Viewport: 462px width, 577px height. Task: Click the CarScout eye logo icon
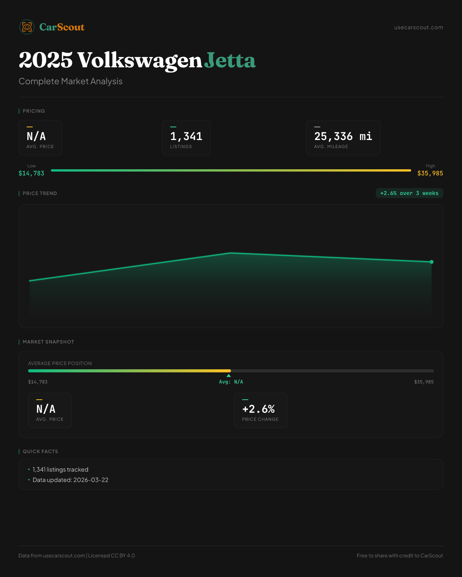(27, 27)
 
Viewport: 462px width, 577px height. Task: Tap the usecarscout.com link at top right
(418, 28)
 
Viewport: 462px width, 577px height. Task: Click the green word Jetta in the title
(230, 60)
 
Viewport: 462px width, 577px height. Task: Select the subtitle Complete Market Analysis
(70, 82)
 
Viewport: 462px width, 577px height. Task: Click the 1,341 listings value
(186, 136)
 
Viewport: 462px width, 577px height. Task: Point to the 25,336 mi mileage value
(343, 136)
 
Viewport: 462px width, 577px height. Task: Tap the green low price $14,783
(32, 173)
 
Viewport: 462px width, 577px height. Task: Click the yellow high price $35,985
(430, 173)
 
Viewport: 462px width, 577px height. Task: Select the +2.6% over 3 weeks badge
(409, 193)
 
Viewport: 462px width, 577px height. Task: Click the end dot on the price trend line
(432, 262)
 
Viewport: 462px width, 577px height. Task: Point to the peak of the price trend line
(231, 253)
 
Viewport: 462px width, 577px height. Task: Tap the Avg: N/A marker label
(231, 382)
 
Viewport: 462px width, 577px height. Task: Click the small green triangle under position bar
(229, 375)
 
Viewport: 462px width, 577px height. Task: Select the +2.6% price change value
(258, 409)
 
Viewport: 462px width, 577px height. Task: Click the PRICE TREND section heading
(40, 193)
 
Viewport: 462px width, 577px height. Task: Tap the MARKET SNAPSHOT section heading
(48, 342)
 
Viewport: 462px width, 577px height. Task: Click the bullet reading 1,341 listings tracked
(60, 470)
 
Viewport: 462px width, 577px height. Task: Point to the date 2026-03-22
(91, 480)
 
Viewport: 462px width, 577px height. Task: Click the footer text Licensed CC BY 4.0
(112, 556)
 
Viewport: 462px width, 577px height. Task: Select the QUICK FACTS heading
(40, 452)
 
